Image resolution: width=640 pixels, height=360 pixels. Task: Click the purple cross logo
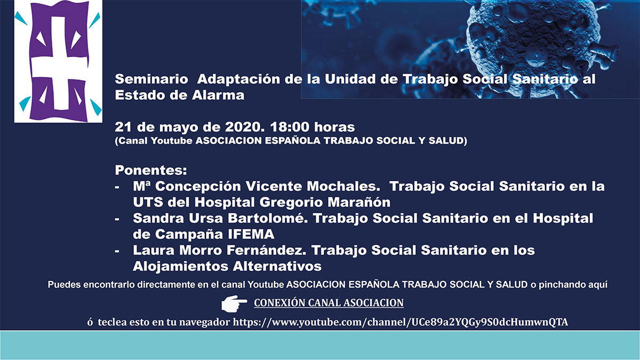pos(59,61)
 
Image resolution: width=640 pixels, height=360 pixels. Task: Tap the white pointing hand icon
pos(234,303)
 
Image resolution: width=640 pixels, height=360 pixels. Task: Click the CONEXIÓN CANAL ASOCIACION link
pos(329,303)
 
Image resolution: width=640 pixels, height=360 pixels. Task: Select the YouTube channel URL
pos(401,322)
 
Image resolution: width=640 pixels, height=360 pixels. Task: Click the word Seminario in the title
pos(151,79)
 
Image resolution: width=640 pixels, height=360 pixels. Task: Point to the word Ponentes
pos(151,170)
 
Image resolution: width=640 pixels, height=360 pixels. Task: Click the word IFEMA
pos(251,235)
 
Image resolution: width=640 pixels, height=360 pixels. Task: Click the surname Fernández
pos(267,251)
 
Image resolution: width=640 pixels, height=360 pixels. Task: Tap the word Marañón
pos(359,203)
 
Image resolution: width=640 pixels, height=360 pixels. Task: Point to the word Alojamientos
pos(181,267)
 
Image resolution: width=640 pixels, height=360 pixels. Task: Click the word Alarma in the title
pos(218,95)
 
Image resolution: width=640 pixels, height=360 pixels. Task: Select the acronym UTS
pos(148,203)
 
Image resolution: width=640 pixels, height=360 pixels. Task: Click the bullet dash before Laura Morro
pos(117,251)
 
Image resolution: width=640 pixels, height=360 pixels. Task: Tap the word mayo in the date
pos(179,127)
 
